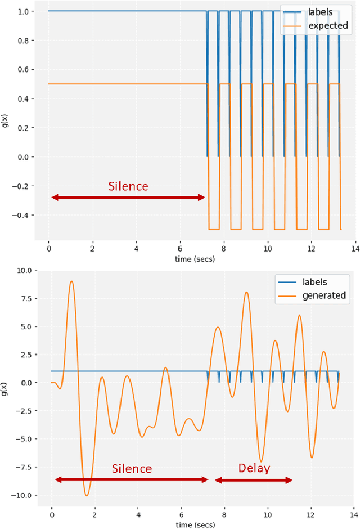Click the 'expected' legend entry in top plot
[x=324, y=26]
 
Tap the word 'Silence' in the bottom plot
[x=132, y=468]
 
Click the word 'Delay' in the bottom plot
[x=254, y=468]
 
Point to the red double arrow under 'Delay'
[x=254, y=480]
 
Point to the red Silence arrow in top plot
[x=128, y=198]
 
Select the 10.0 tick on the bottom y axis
[x=25, y=270]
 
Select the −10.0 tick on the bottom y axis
[x=23, y=495]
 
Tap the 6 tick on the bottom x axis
[x=181, y=514]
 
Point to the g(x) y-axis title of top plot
[x=5, y=120]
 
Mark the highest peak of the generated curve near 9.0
[x=71, y=281]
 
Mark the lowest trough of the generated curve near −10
[x=86, y=495]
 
